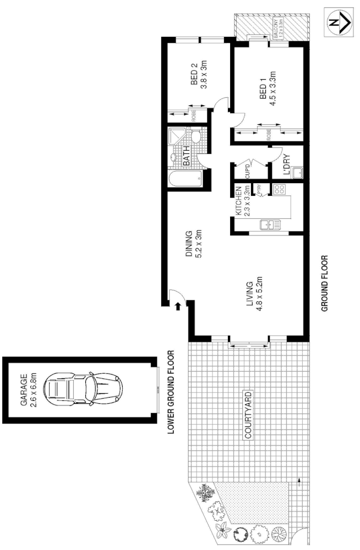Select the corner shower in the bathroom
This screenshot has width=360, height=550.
pyautogui.click(x=176, y=137)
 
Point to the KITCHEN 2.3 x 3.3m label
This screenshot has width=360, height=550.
pyautogui.click(x=243, y=201)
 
